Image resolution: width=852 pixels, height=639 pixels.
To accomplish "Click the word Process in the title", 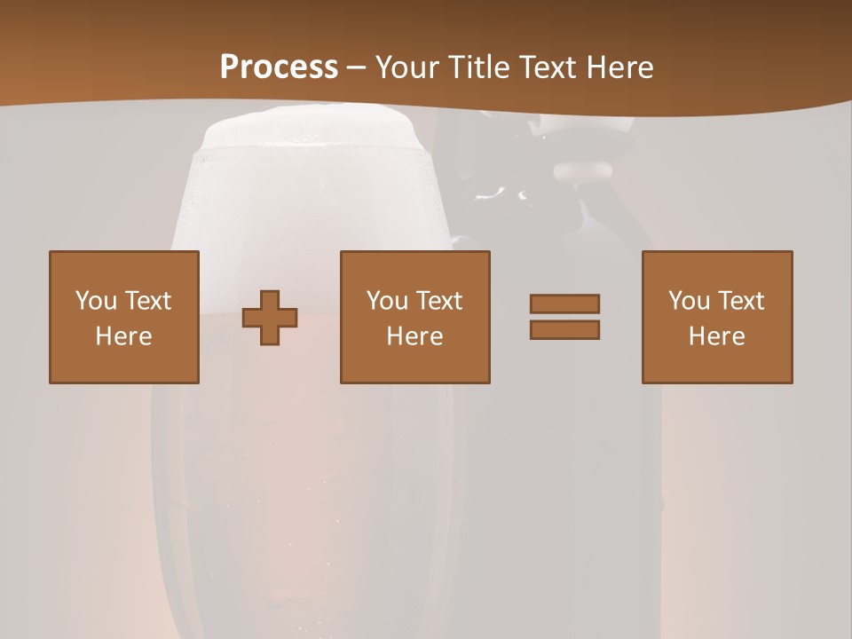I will pos(279,67).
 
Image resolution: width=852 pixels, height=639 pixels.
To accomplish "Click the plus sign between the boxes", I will pos(270,318).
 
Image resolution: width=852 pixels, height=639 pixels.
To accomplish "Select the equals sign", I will pos(564,317).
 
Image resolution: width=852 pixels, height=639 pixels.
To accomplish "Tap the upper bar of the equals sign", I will pos(564,304).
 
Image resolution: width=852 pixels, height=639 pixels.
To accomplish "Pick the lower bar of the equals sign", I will pos(564,330).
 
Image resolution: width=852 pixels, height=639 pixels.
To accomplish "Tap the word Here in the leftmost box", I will pos(124,336).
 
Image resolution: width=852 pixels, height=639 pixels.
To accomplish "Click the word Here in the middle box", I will pos(415,336).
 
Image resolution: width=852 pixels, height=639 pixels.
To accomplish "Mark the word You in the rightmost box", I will pos(689,301).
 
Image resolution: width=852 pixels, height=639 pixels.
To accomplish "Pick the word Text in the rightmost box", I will pos(741,301).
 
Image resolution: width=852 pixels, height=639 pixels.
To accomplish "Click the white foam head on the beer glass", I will pos(311,133).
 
